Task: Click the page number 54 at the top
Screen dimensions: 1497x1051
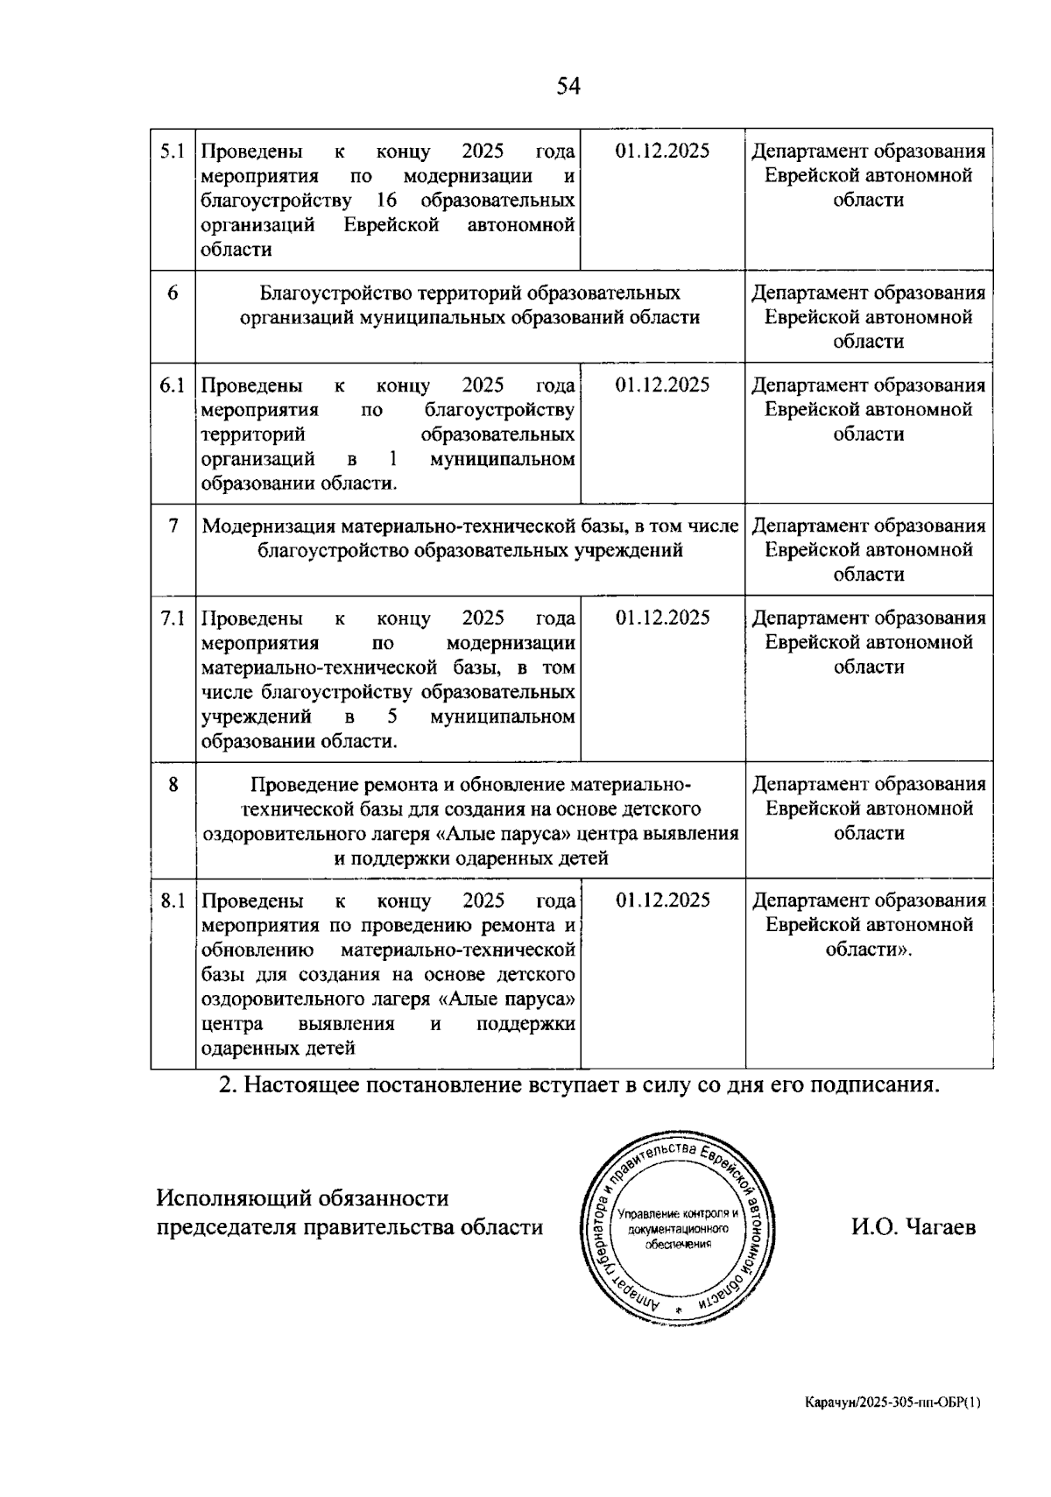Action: (x=568, y=86)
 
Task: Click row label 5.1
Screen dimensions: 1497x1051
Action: (x=172, y=152)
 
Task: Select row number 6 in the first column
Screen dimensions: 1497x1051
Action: (x=173, y=293)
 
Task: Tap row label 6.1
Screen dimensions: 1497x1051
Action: (x=172, y=385)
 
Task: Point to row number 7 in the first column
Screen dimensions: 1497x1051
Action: (x=173, y=526)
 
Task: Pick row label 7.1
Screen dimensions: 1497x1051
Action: (x=172, y=618)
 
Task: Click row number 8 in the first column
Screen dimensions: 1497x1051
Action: (x=173, y=784)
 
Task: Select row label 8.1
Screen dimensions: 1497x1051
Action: (x=172, y=900)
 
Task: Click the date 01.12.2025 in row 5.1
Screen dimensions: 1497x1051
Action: (x=662, y=151)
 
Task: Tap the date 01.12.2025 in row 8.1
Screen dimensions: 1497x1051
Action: (x=662, y=900)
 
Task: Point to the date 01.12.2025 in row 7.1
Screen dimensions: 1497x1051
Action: (x=662, y=618)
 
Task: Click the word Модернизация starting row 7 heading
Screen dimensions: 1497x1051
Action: (x=269, y=526)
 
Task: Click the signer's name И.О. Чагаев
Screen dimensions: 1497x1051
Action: (x=913, y=1227)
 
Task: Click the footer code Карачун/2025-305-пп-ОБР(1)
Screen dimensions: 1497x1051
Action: (x=893, y=1402)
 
